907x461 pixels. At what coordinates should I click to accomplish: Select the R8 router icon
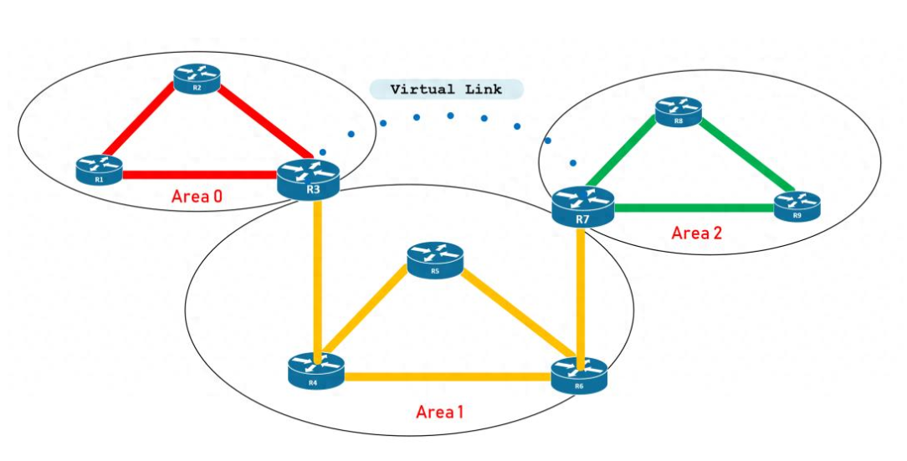tap(679, 110)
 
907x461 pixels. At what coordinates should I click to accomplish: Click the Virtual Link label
tap(447, 89)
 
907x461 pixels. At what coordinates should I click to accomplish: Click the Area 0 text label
tap(197, 197)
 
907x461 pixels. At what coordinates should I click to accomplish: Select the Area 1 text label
tap(441, 412)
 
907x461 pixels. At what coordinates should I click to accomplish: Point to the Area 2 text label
tap(696, 233)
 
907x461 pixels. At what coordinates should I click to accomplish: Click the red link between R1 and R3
tap(201, 176)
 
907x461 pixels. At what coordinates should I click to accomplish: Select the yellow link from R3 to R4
tap(318, 276)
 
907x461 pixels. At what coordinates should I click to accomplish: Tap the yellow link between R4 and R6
tap(448, 376)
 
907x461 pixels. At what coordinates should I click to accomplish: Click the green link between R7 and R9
tap(694, 207)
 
